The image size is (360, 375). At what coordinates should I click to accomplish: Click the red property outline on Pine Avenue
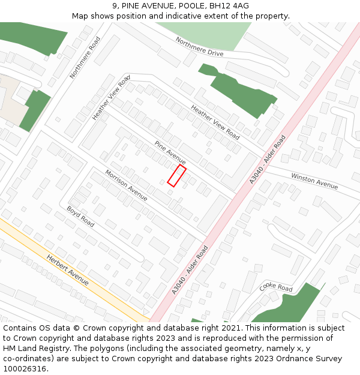pyautogui.click(x=176, y=176)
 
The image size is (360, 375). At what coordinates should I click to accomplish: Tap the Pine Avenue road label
pyautogui.click(x=170, y=153)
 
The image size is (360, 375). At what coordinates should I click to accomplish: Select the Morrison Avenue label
pyautogui.click(x=126, y=185)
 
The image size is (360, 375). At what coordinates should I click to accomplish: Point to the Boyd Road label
pyautogui.click(x=80, y=217)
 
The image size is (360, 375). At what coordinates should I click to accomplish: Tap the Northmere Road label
pyautogui.click(x=85, y=57)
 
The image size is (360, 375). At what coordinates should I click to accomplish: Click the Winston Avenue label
pyautogui.click(x=314, y=181)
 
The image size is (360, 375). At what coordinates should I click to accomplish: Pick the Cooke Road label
pyautogui.click(x=276, y=287)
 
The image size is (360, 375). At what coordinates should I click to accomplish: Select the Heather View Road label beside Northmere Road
pyautogui.click(x=111, y=98)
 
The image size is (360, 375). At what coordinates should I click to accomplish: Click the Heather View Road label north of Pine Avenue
pyautogui.click(x=215, y=122)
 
